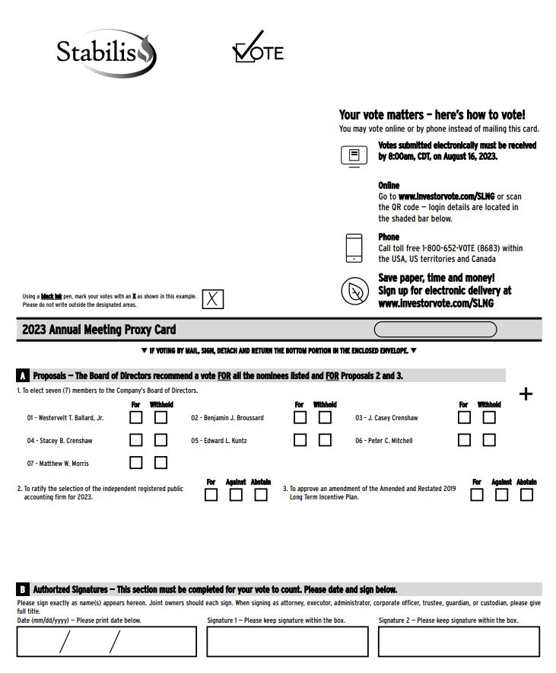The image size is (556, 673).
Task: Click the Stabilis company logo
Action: tap(106, 53)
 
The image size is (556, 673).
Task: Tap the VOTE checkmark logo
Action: tap(258, 46)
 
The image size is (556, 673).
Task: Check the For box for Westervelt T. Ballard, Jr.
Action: tap(136, 417)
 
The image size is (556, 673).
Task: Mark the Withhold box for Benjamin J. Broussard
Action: tap(325, 417)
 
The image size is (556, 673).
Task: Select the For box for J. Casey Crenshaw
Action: tap(464, 417)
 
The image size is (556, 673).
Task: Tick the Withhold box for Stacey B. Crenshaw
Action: tap(160, 440)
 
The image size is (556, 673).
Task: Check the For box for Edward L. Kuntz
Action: tap(300, 440)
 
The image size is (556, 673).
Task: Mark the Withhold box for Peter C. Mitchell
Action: tap(489, 440)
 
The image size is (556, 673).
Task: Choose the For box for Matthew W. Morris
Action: tap(136, 463)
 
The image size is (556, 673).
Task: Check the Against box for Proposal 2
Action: tap(236, 495)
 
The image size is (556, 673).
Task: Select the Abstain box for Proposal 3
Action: tap(526, 495)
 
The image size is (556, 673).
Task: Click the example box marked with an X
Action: tap(213, 298)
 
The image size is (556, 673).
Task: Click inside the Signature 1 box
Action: tap(288, 642)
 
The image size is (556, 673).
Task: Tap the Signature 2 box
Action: tap(459, 642)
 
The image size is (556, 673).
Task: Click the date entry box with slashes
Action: tap(106, 642)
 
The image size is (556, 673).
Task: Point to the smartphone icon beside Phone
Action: tap(354, 248)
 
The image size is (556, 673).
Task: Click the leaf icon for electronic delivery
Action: tap(355, 291)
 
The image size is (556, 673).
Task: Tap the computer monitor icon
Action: tap(354, 156)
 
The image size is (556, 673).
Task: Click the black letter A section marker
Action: tap(23, 375)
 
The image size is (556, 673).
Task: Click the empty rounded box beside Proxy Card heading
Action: tap(436, 330)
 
